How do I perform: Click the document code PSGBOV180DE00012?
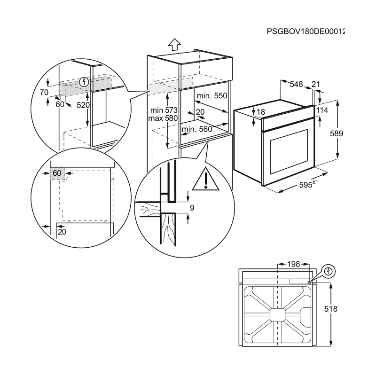click(305, 32)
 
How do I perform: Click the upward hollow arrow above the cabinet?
click(174, 45)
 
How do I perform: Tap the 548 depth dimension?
click(296, 84)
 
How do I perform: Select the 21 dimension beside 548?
click(315, 84)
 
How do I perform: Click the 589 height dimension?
click(349, 133)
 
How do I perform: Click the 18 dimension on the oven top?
click(261, 112)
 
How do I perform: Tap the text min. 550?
click(212, 96)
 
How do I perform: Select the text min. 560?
click(196, 129)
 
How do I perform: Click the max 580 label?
click(162, 118)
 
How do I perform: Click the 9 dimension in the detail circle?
click(192, 207)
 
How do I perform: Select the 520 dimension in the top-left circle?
click(83, 105)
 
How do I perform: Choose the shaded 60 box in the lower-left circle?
click(57, 173)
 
